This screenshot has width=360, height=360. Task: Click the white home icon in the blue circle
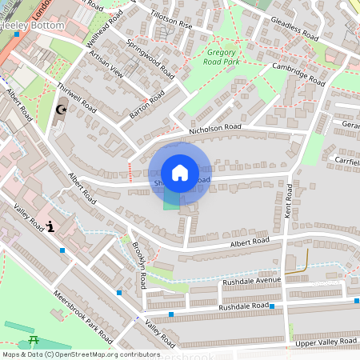[x=180, y=173]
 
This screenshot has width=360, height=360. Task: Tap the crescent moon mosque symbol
[x=60, y=110]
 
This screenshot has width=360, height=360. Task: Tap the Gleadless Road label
[x=294, y=29]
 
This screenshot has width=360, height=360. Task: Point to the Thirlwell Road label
[x=77, y=102]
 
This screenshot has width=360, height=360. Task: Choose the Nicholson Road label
[x=214, y=128]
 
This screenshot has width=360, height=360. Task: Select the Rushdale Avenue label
[x=252, y=280]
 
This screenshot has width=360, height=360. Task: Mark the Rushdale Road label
[x=243, y=306]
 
